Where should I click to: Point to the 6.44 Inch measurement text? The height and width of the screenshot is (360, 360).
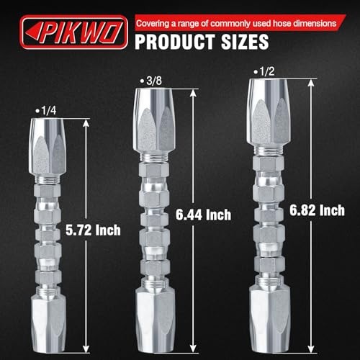204,215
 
